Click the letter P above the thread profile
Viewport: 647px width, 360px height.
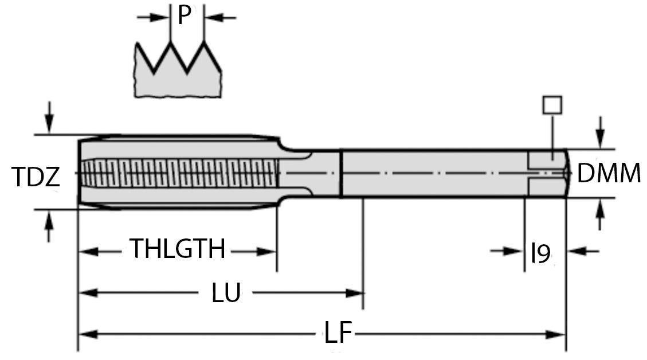click(x=183, y=15)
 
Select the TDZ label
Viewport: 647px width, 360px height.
click(x=36, y=178)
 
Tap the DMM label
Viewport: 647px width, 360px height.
click(x=609, y=173)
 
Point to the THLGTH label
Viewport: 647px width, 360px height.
click(x=178, y=250)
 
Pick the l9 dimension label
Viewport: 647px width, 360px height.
click(x=540, y=252)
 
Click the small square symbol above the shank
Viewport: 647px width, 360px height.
click(x=552, y=105)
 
